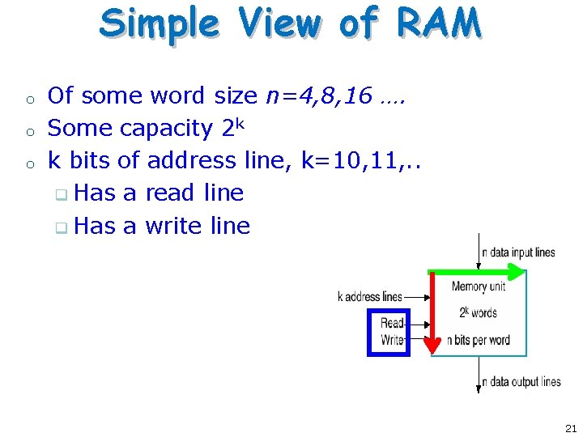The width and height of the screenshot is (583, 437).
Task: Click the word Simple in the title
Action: [x=159, y=24]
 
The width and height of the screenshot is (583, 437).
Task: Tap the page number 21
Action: [x=571, y=428]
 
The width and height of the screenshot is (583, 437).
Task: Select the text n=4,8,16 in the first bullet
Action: [x=319, y=96]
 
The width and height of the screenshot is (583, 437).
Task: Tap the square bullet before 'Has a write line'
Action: [x=61, y=227]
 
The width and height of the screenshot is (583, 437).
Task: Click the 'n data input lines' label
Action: [x=518, y=252]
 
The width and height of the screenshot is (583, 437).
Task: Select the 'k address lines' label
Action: [x=370, y=297]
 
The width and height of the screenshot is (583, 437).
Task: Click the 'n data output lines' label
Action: [x=521, y=382]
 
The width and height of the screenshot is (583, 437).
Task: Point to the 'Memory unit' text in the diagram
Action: [x=479, y=286]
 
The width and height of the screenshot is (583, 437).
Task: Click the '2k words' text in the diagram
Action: [x=479, y=312]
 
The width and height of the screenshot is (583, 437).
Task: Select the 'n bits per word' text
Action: [x=479, y=340]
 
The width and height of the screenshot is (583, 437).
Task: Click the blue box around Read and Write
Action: [x=389, y=332]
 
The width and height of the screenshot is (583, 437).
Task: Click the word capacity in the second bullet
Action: [x=165, y=128]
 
